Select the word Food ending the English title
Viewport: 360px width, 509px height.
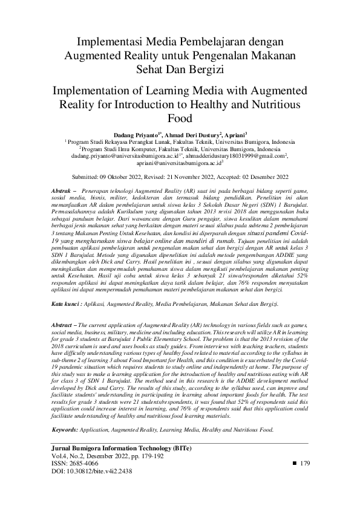click(x=180, y=118)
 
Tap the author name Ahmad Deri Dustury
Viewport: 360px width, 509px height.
click(x=191, y=130)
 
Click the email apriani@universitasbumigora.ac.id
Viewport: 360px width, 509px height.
click(x=179, y=163)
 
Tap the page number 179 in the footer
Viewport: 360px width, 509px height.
click(x=304, y=463)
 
